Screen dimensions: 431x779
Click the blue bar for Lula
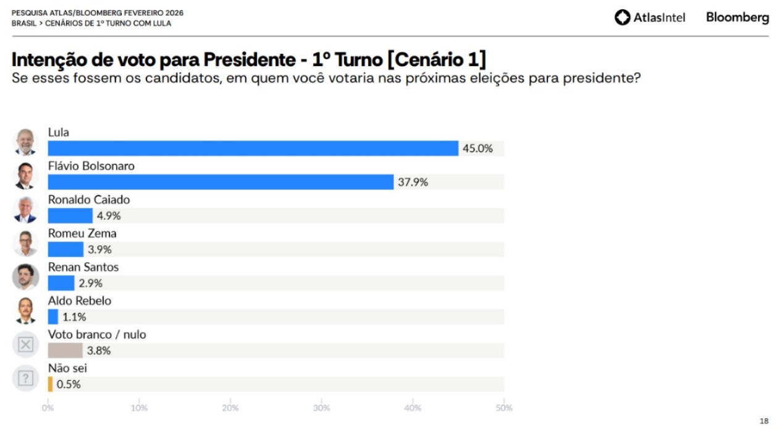click(253, 148)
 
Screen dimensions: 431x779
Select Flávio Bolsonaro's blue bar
click(221, 182)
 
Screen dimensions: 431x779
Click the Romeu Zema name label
click(82, 233)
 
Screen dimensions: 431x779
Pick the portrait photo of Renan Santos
click(25, 276)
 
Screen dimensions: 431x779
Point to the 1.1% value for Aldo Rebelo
click(74, 317)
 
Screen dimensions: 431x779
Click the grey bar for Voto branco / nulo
click(65, 351)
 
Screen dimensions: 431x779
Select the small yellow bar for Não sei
click(50, 384)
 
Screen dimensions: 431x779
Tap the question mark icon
click(25, 378)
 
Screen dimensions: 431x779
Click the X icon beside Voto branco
click(25, 344)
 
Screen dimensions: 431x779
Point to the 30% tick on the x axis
click(321, 408)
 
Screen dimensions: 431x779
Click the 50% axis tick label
click(504, 408)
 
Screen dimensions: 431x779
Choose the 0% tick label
click(48, 408)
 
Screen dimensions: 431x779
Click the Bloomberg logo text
click(738, 17)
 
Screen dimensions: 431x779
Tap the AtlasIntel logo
click(650, 17)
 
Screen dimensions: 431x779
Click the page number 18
click(764, 421)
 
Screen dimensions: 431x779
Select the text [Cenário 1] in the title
click(436, 60)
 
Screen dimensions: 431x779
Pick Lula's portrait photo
click(25, 142)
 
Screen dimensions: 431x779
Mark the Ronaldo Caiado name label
click(89, 200)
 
